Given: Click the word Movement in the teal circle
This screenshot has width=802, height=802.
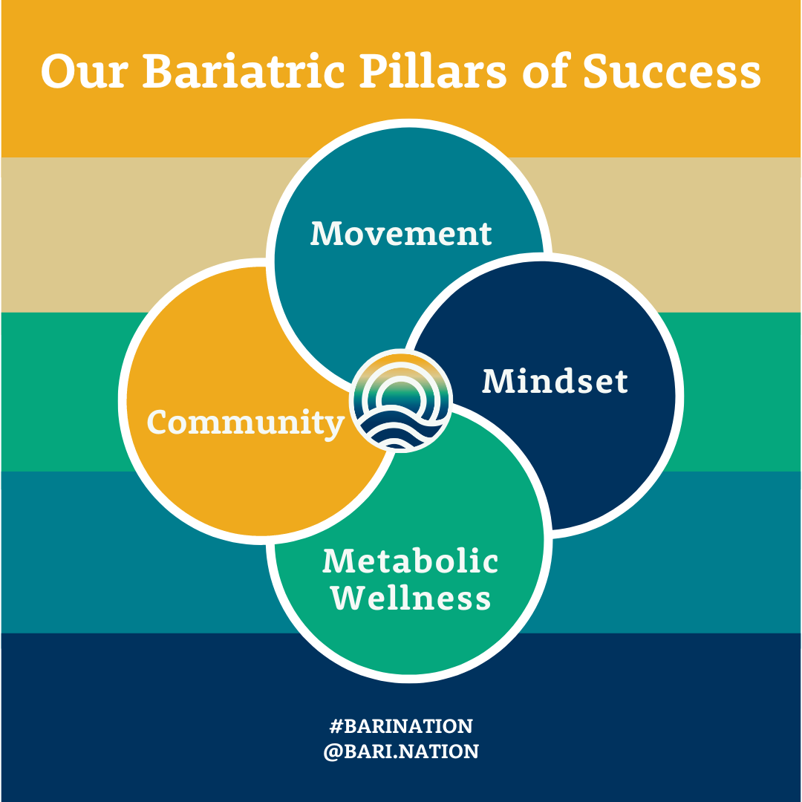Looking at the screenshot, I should pos(401,233).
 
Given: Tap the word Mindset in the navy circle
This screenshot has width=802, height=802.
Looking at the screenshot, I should pos(555,382).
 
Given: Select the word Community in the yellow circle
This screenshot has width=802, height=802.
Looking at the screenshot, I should pos(246,423).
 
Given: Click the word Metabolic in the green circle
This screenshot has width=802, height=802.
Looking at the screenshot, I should pos(410,561).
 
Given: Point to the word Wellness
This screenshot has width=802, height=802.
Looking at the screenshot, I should pos(411,598).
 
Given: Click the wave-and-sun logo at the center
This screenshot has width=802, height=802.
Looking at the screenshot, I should pos(401,401).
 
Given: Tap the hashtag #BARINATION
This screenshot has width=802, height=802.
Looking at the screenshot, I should pos(401,726).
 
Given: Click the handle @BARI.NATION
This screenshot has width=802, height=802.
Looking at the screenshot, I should pos(401,752).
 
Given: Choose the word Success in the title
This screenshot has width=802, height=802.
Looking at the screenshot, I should pos(672,73).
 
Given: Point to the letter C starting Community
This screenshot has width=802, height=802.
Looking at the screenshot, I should pos(157,423).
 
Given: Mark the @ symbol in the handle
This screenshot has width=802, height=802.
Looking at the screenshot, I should pos(332,752).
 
